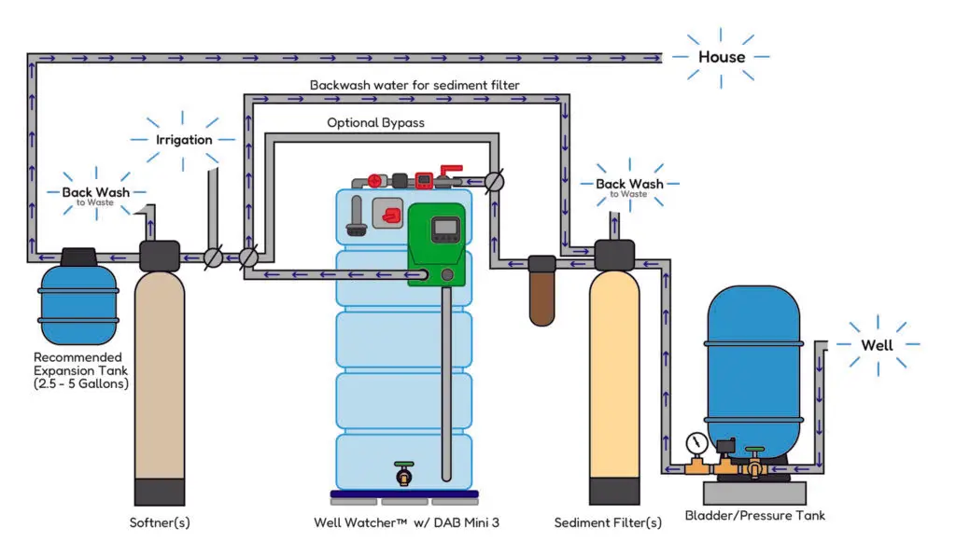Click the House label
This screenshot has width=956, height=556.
click(722, 57)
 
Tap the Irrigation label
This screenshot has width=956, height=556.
click(183, 139)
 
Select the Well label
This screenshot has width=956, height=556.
click(877, 345)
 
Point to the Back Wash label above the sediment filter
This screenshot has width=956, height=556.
click(629, 185)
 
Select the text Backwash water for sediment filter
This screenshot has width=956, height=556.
click(415, 85)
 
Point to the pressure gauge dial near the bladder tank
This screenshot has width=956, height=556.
click(693, 441)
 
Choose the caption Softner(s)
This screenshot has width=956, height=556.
click(159, 522)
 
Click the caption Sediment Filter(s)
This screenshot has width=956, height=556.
click(608, 522)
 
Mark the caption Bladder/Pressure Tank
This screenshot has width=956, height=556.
click(754, 515)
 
